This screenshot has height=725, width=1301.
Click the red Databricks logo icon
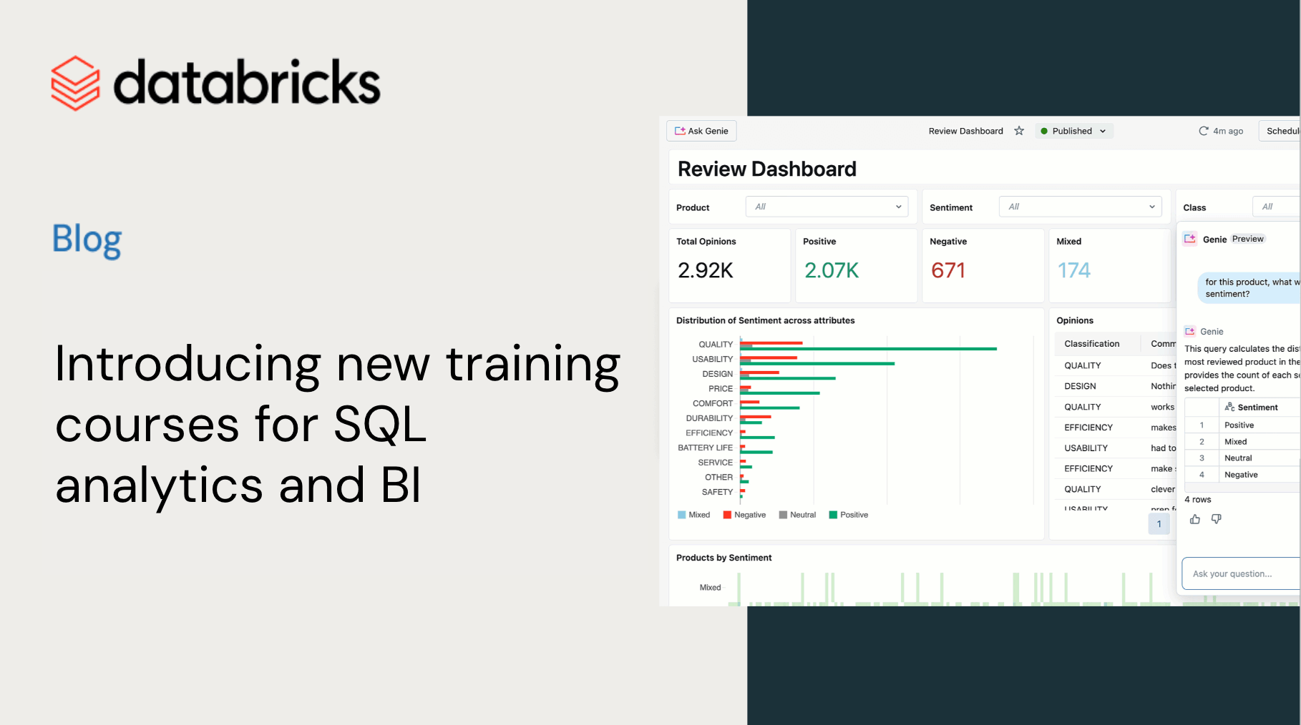click(75, 83)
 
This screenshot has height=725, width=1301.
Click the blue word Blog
click(87, 239)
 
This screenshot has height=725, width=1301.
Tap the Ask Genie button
click(701, 131)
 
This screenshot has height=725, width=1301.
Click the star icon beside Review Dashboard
click(1019, 131)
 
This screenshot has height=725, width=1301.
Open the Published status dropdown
click(1073, 131)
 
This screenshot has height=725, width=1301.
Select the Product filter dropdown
click(827, 207)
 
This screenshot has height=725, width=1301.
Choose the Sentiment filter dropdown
click(1080, 207)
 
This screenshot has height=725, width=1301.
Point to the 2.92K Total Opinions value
click(706, 270)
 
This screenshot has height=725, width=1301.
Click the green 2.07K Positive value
click(832, 270)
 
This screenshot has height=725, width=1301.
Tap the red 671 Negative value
click(948, 270)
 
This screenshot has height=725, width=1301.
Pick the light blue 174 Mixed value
click(1074, 270)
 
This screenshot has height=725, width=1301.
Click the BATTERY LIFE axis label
click(705, 448)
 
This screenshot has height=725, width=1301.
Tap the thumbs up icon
click(1195, 519)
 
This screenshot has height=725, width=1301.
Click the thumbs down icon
click(1217, 519)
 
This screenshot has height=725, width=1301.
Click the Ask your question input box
click(1242, 573)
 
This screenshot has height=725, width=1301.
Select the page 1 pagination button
click(1159, 524)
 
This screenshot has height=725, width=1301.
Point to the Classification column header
click(1091, 344)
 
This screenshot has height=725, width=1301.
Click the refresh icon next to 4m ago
click(1204, 131)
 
